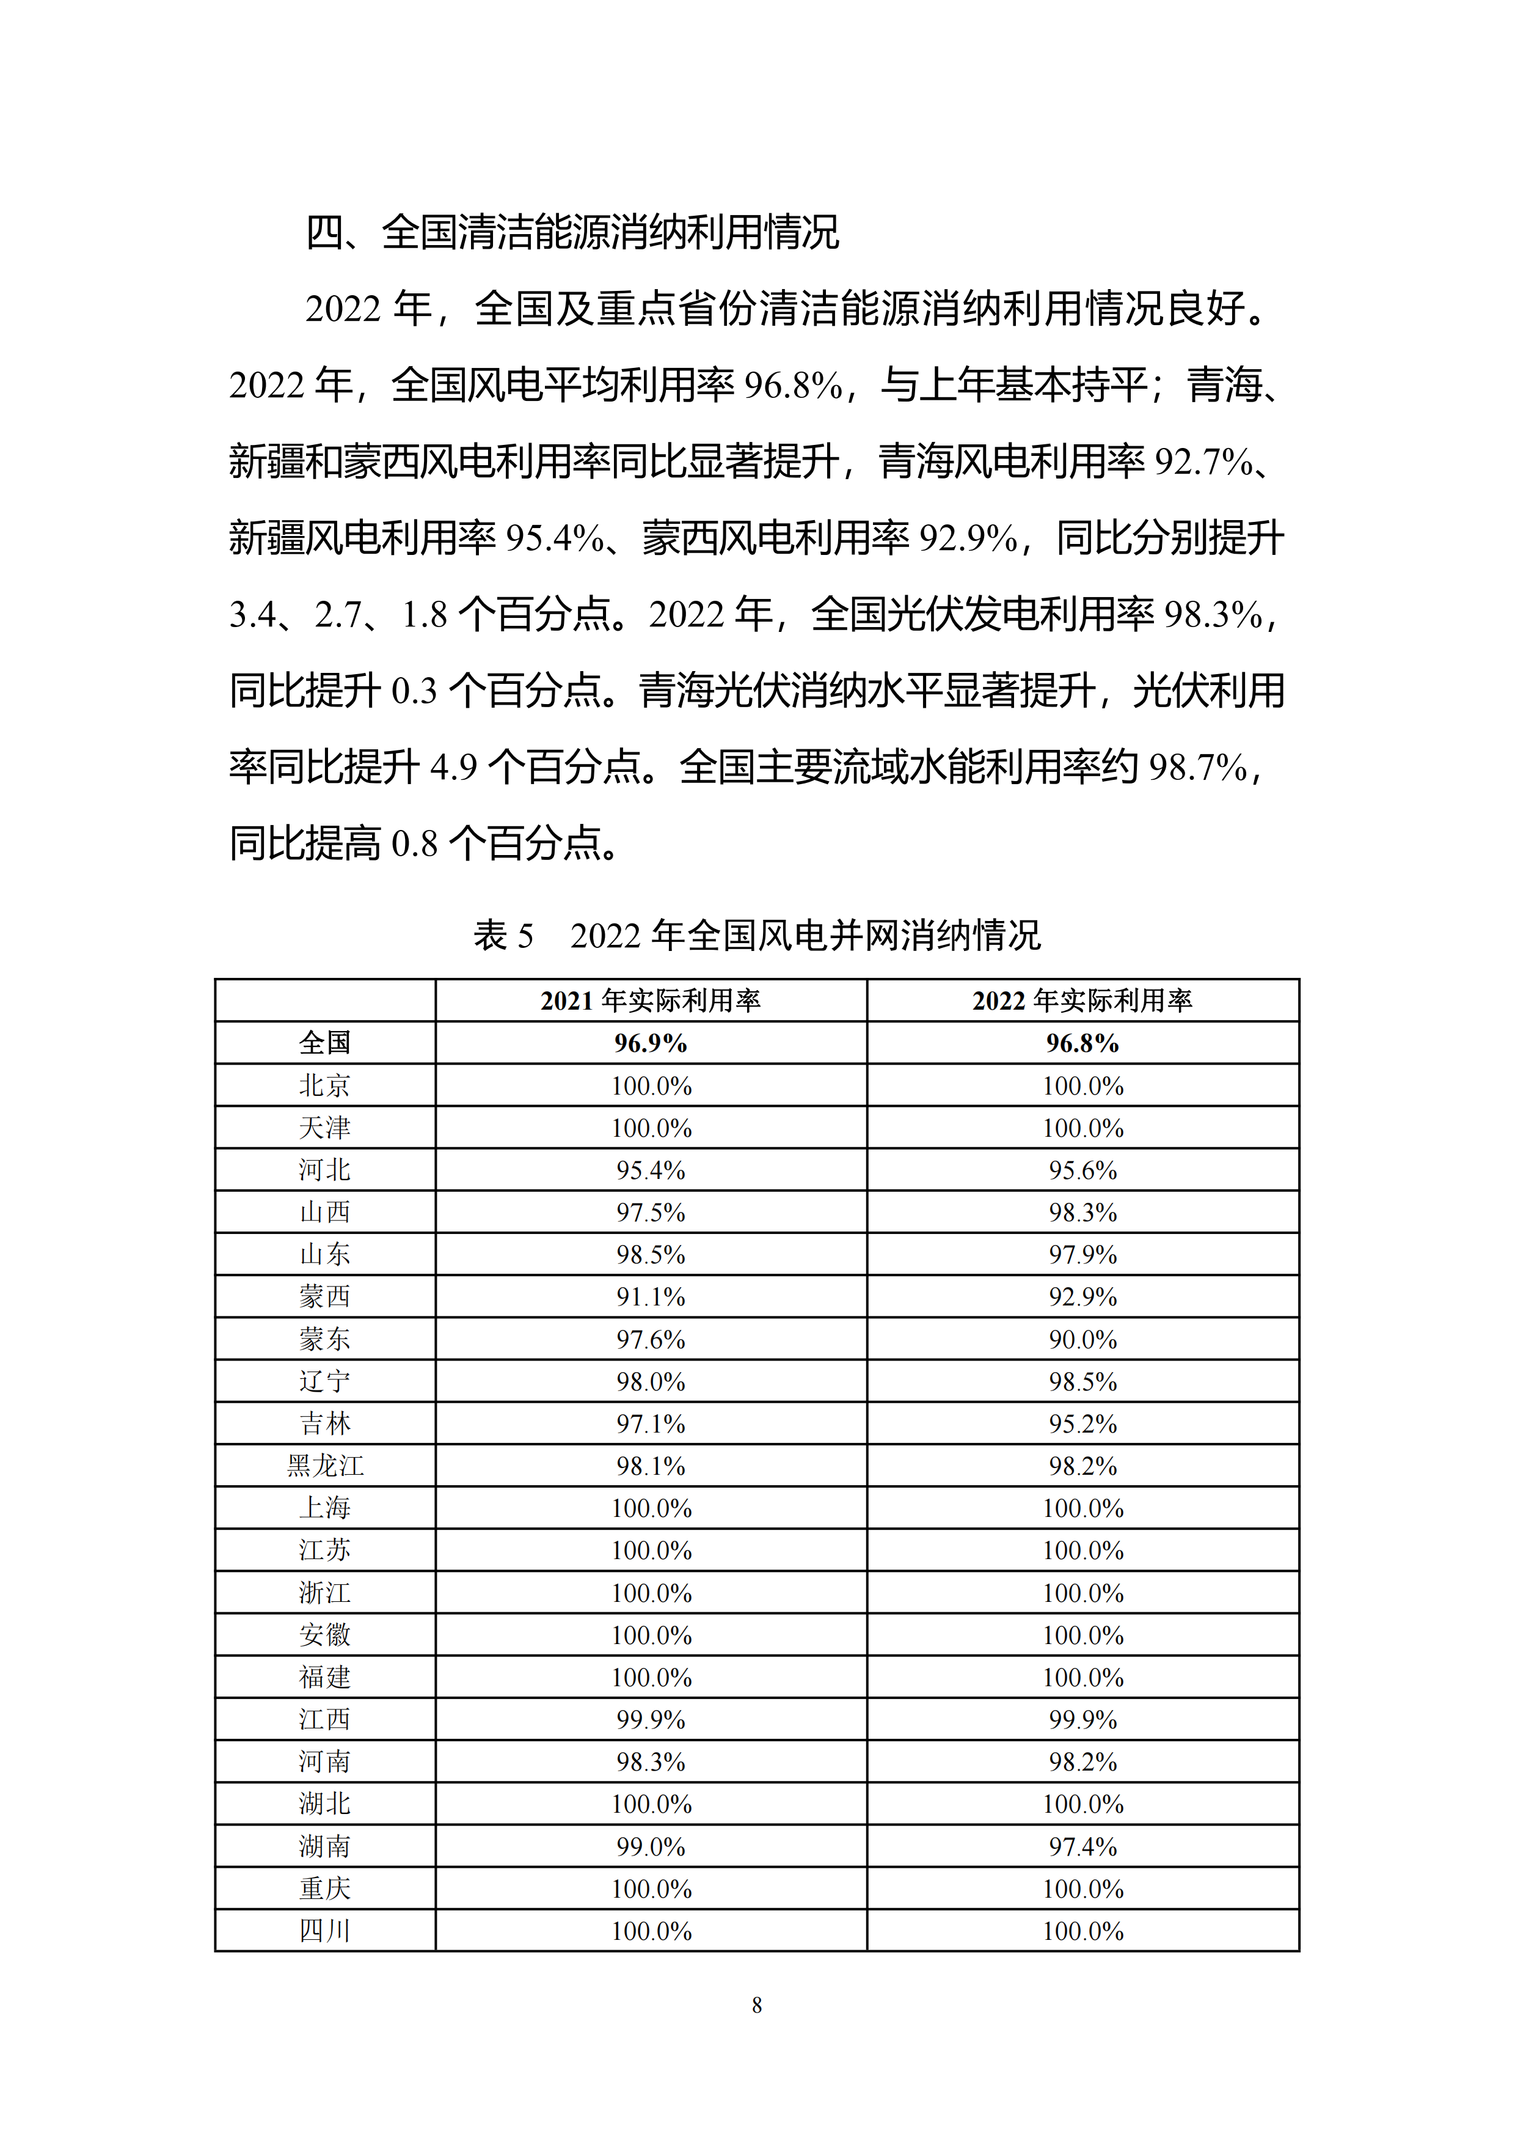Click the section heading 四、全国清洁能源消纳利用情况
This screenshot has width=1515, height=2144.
(572, 232)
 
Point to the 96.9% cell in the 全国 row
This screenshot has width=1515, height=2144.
(651, 1043)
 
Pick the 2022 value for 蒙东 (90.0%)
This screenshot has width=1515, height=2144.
(1083, 1339)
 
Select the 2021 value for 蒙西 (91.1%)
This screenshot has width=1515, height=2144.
(651, 1297)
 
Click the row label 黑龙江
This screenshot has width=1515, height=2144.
(325, 1466)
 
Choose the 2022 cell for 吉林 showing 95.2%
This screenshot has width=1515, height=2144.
(1083, 1424)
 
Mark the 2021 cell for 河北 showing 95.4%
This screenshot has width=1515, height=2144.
(651, 1170)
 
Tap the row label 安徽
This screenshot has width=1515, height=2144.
(325, 1635)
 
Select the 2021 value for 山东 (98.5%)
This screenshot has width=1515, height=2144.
(651, 1254)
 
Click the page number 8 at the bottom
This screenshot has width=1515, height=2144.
(757, 2005)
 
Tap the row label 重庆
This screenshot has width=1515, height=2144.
(325, 1888)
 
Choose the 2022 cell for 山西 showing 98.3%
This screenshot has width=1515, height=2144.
(1083, 1212)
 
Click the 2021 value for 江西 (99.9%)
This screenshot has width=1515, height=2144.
(651, 1719)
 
